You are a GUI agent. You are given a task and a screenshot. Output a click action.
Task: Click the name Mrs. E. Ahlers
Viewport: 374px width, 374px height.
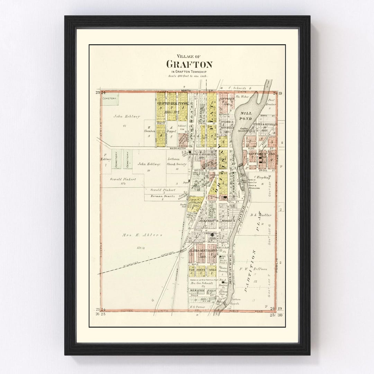click(137, 235)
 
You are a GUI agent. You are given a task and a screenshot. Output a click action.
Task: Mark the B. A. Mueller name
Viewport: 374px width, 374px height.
click(260, 215)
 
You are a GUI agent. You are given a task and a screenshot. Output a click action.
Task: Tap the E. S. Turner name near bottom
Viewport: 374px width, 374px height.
click(198, 307)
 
